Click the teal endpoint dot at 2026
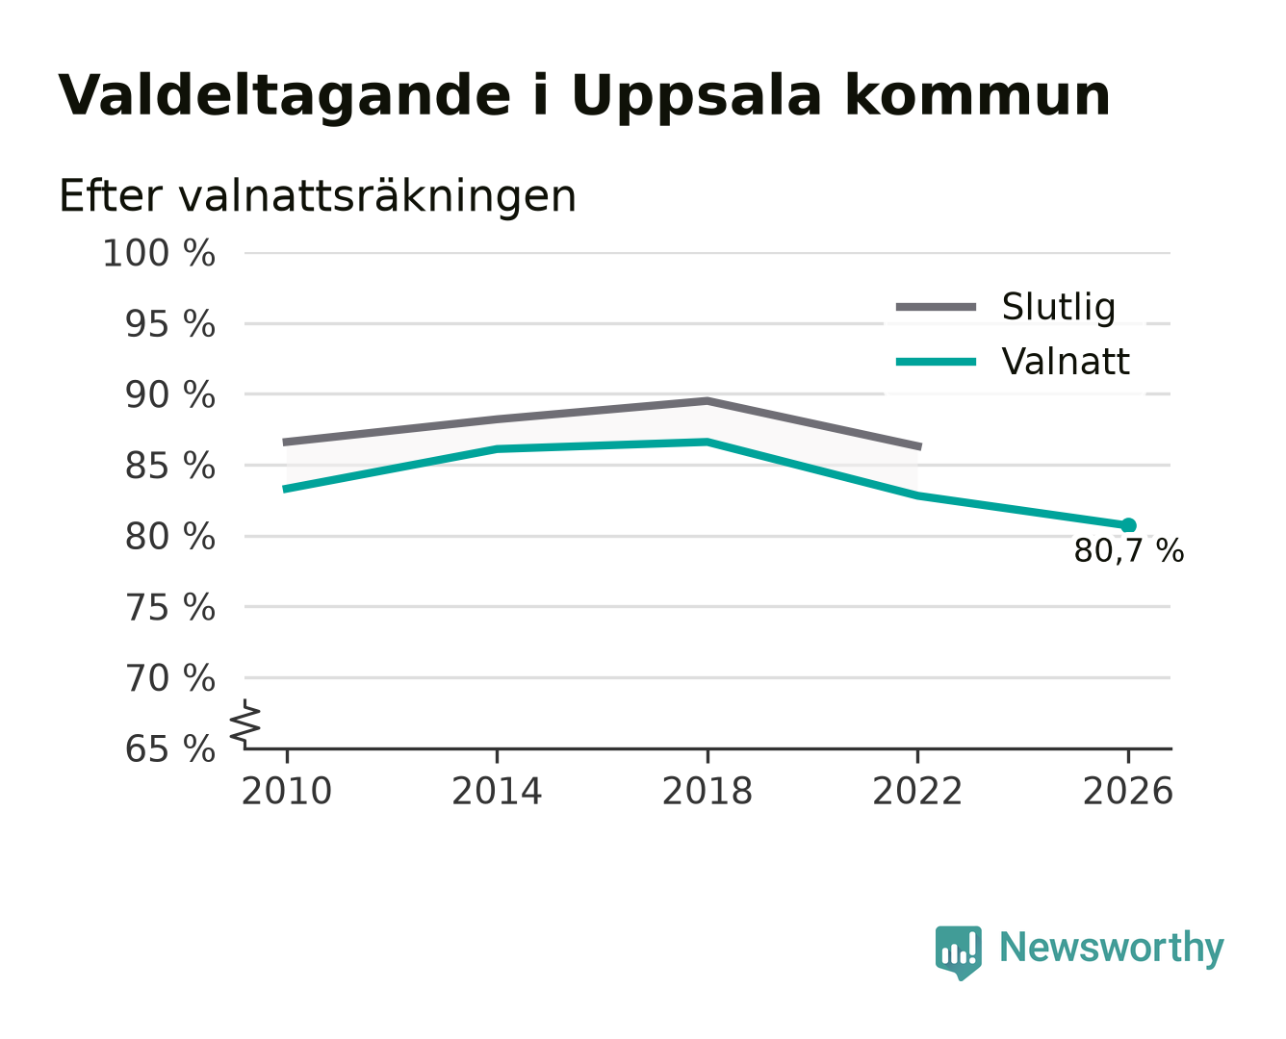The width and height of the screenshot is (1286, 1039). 1128,525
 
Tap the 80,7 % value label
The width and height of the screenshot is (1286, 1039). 1128,551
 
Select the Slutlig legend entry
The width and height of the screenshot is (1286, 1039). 1005,307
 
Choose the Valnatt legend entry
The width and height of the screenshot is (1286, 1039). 1013,362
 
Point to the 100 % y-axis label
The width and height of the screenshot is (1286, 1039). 159,253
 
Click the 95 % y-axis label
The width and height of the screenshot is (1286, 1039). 169,324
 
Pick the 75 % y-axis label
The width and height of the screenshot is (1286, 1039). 169,607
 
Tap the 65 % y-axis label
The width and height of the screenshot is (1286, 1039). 169,748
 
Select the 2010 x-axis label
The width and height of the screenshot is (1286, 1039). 287,791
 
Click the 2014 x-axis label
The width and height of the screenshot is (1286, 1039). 497,791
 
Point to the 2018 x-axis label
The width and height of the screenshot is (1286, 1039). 707,791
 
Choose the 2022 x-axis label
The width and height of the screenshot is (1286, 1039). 917,791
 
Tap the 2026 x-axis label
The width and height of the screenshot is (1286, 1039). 1128,791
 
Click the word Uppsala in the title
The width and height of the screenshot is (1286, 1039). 697,96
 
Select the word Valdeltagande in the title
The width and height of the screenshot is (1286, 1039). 284,96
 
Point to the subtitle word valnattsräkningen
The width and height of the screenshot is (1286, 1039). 377,196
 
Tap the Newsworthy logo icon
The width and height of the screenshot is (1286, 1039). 958,952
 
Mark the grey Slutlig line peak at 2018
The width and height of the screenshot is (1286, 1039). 707,400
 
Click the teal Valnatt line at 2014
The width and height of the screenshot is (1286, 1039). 497,449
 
